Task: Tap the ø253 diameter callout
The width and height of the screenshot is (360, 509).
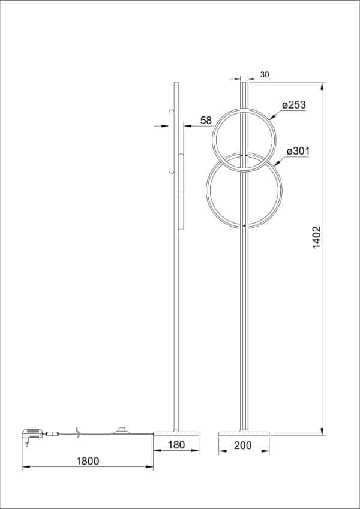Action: click(x=294, y=105)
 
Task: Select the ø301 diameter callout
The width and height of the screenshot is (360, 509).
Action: click(x=298, y=151)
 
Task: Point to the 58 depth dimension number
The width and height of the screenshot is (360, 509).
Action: click(x=206, y=121)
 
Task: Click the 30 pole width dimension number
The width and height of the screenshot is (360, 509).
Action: click(x=265, y=75)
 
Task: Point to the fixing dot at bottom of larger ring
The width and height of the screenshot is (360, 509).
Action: click(x=244, y=225)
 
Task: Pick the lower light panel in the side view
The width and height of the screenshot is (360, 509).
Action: click(x=181, y=192)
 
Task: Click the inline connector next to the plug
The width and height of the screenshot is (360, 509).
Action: click(x=52, y=432)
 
